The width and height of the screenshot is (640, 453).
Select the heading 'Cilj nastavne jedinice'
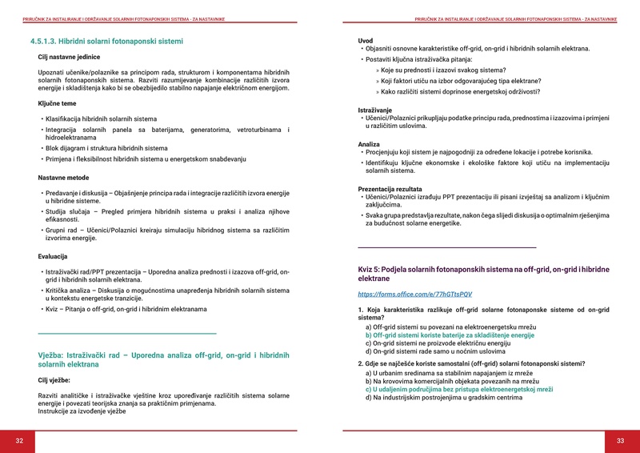click(x=71, y=57)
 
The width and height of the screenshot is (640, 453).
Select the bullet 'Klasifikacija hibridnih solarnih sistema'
click(x=101, y=118)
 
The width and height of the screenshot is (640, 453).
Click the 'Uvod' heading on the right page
click(x=365, y=40)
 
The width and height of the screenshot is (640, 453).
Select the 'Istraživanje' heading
click(x=374, y=110)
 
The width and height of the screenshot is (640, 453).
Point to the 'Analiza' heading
click(x=369, y=144)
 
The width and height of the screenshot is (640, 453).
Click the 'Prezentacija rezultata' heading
click(x=392, y=188)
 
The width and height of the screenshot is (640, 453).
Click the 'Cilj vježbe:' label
click(x=54, y=381)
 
